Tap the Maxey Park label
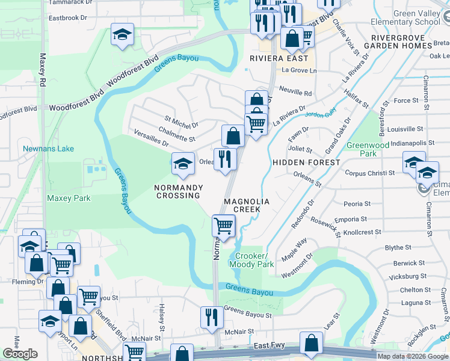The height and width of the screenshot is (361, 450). (69, 198)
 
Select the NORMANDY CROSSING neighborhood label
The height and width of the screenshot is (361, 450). (178, 191)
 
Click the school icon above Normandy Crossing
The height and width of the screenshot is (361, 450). (183, 164)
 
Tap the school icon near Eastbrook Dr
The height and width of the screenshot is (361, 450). (122, 35)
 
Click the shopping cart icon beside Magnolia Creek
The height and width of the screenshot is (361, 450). (223, 226)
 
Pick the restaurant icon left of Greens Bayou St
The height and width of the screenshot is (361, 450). (211, 317)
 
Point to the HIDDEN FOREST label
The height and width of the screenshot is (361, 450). (306, 162)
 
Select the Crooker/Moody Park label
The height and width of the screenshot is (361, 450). (251, 261)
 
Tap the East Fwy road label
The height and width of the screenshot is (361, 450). (268, 346)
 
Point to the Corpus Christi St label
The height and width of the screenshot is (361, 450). (369, 173)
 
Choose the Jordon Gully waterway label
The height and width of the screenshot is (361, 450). (320, 114)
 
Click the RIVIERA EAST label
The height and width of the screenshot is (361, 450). (279, 58)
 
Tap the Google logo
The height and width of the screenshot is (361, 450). (20, 353)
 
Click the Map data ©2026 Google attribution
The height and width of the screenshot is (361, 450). (413, 356)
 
